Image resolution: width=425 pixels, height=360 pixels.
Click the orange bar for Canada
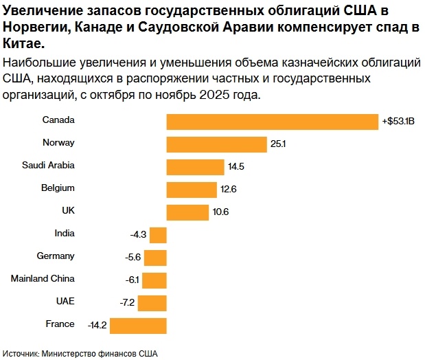[x=273, y=122]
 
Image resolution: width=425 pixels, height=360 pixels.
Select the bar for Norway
[x=216, y=144]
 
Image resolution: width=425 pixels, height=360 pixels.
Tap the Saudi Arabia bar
[x=196, y=167]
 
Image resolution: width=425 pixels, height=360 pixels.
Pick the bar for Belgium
[x=192, y=190]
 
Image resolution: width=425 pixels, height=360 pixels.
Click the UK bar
[x=187, y=212]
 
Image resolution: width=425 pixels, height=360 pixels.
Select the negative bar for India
[x=159, y=235]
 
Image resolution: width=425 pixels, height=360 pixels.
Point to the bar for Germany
[x=156, y=258]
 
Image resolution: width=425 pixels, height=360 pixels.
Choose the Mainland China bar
[x=155, y=280]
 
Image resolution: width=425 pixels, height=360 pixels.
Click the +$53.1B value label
[x=399, y=122]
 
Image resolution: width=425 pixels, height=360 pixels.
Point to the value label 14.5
[x=236, y=168]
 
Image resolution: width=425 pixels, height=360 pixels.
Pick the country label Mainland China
[x=43, y=278]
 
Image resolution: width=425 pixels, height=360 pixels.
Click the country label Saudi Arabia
[x=48, y=165]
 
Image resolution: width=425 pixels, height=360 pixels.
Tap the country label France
[x=60, y=324]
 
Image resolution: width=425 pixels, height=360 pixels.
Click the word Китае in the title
[x=22, y=43]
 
